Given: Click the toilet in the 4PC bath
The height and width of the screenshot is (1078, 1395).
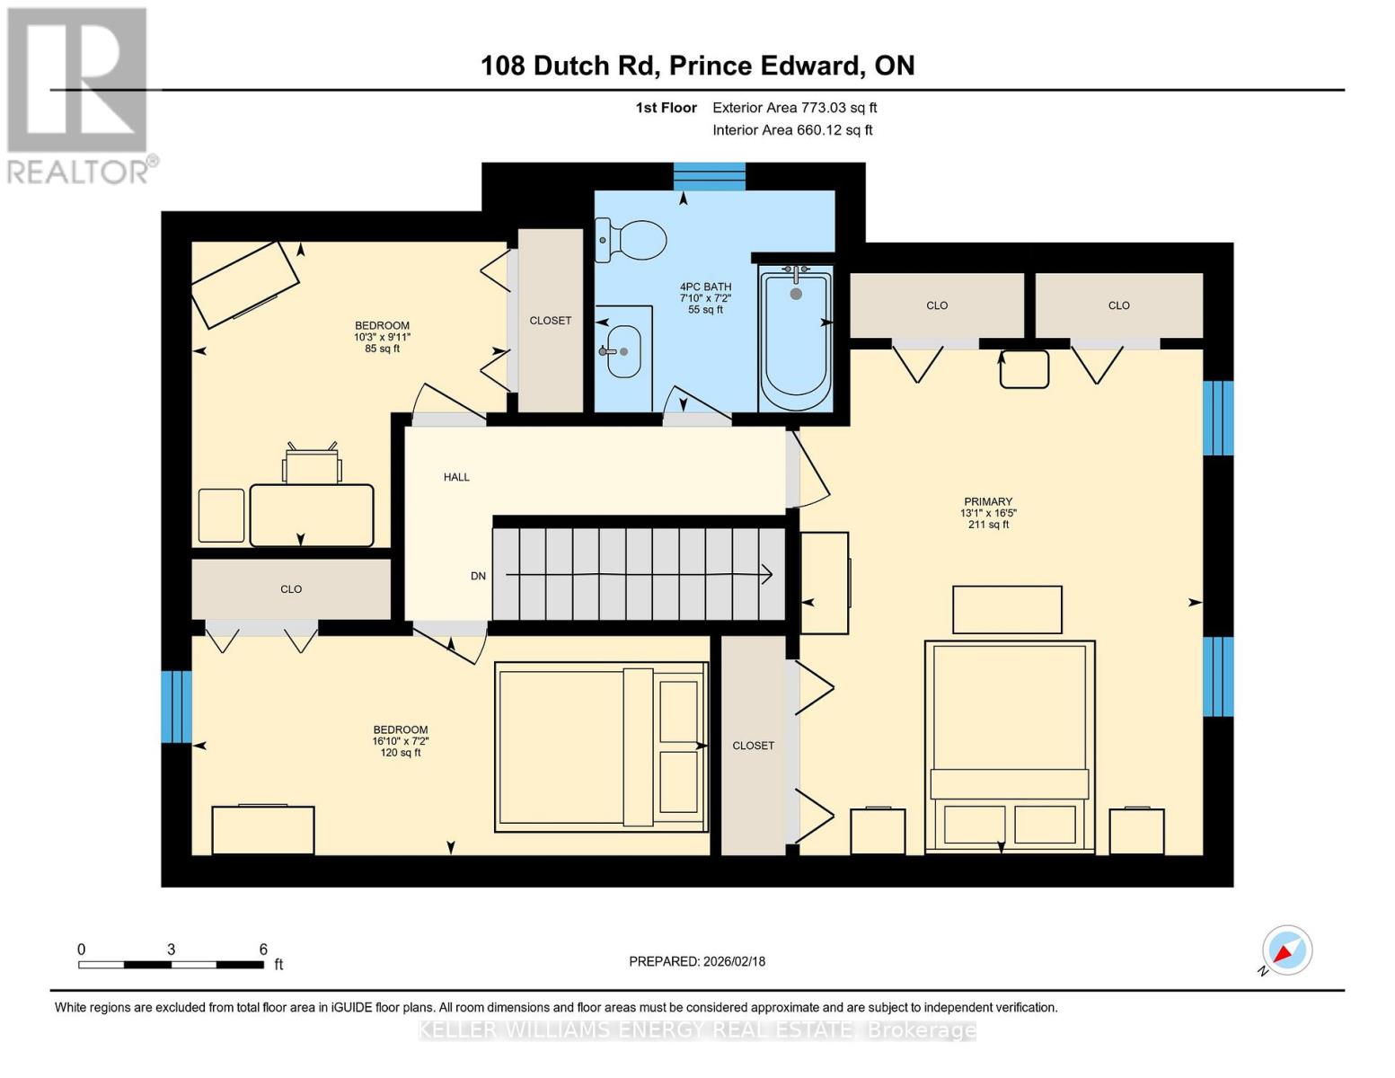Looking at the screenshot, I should (632, 240).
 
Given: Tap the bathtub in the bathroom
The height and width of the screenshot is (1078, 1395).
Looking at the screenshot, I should (796, 338).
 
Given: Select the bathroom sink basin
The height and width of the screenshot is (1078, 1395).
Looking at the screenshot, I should (623, 350).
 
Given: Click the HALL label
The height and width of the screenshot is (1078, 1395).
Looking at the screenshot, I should (456, 477).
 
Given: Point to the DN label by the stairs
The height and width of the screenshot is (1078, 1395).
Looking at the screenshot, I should (478, 576).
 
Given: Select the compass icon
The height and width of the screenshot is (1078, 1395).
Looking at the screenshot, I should (1286, 950).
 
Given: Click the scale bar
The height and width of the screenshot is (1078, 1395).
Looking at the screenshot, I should (171, 965).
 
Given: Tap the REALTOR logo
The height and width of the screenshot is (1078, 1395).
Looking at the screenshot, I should (79, 95).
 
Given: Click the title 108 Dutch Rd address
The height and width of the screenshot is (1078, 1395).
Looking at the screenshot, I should (697, 66).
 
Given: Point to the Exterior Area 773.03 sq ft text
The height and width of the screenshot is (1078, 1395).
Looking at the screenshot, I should (794, 108).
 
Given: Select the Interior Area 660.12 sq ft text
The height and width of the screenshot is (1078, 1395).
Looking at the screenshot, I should (792, 130).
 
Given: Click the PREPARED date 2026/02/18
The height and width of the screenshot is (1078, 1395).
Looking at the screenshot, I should (697, 961).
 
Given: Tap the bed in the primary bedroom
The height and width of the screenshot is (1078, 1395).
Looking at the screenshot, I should (1010, 746).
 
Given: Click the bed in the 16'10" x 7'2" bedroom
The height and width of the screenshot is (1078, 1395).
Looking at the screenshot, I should (601, 745).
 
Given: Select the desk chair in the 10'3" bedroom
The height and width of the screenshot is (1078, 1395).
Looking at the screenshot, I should (312, 465).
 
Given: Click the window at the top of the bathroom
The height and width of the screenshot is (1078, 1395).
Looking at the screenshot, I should (710, 176).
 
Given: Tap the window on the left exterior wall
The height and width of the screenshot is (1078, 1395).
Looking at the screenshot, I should (176, 706).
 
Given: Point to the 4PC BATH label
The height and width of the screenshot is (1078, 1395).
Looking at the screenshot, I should (705, 287).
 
